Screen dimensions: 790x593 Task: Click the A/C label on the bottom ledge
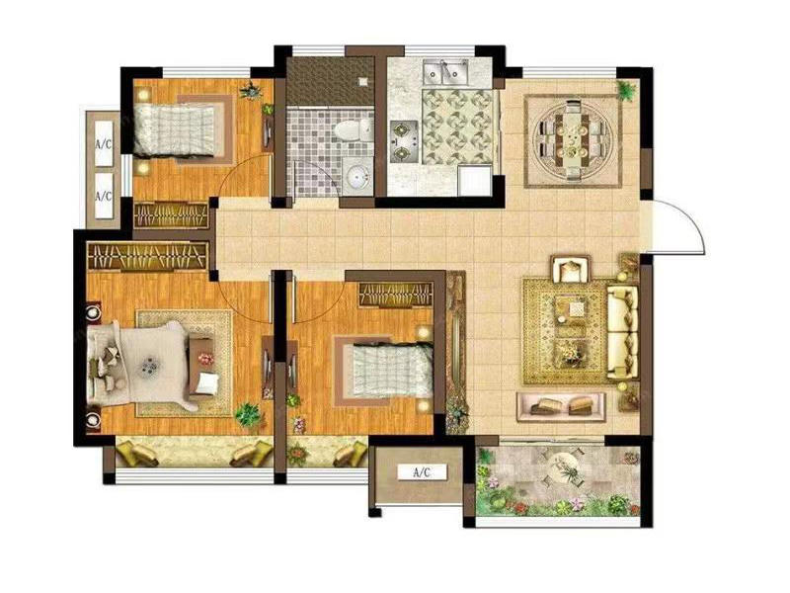(x=423, y=472)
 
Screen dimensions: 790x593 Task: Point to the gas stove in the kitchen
(x=404, y=141)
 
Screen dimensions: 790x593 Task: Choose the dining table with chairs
(x=574, y=140)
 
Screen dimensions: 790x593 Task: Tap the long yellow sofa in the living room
(x=622, y=332)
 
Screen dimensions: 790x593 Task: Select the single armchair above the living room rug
(x=571, y=269)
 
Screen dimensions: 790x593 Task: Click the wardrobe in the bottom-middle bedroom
(x=396, y=294)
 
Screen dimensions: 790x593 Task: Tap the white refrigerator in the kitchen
(x=475, y=180)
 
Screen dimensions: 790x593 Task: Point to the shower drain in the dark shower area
(x=362, y=81)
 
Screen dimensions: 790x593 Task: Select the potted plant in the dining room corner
(x=626, y=91)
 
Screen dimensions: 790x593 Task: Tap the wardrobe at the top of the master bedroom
(x=147, y=256)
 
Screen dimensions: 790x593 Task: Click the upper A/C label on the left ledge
(x=104, y=144)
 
